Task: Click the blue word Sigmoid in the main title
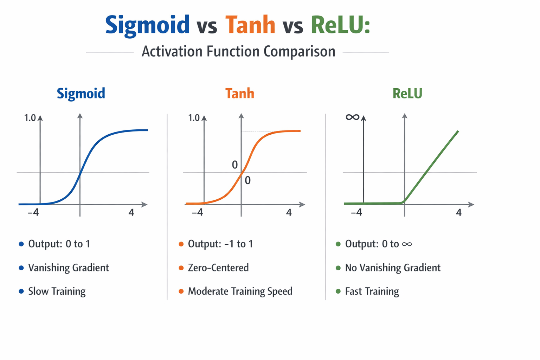(x=147, y=25)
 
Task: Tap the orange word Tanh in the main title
(x=250, y=25)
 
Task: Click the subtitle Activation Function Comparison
(x=238, y=52)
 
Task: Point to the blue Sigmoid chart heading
(x=81, y=94)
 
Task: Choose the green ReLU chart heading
(x=407, y=94)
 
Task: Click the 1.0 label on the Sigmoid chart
(x=30, y=118)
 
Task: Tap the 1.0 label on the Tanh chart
(x=194, y=118)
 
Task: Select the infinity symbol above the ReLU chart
(x=352, y=117)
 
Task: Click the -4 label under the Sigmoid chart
(x=33, y=212)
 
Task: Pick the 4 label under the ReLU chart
(x=458, y=212)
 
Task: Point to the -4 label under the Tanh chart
(x=197, y=212)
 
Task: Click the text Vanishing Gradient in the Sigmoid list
(x=69, y=268)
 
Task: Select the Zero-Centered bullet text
(x=218, y=268)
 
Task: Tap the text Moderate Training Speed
(x=240, y=291)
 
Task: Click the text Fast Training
(x=372, y=291)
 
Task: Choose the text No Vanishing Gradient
(x=393, y=268)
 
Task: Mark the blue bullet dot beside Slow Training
(x=21, y=291)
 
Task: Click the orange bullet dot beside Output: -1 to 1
(x=181, y=244)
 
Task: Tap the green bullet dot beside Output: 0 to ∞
(x=338, y=244)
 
